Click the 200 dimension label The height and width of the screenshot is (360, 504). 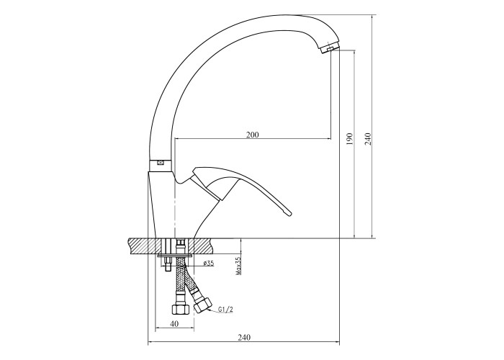pos(252,135)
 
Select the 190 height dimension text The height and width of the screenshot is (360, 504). pos(350,139)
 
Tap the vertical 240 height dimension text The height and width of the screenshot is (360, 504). pos(368,139)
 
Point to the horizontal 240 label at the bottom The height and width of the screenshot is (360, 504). pos(244,338)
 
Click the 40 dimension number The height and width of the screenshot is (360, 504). pos(174,324)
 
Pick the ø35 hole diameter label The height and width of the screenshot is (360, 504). pos(209,264)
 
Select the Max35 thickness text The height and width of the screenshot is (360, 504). pos(239,266)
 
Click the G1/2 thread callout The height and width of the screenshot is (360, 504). pos(225,310)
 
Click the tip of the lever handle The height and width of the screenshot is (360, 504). pos(290,213)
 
